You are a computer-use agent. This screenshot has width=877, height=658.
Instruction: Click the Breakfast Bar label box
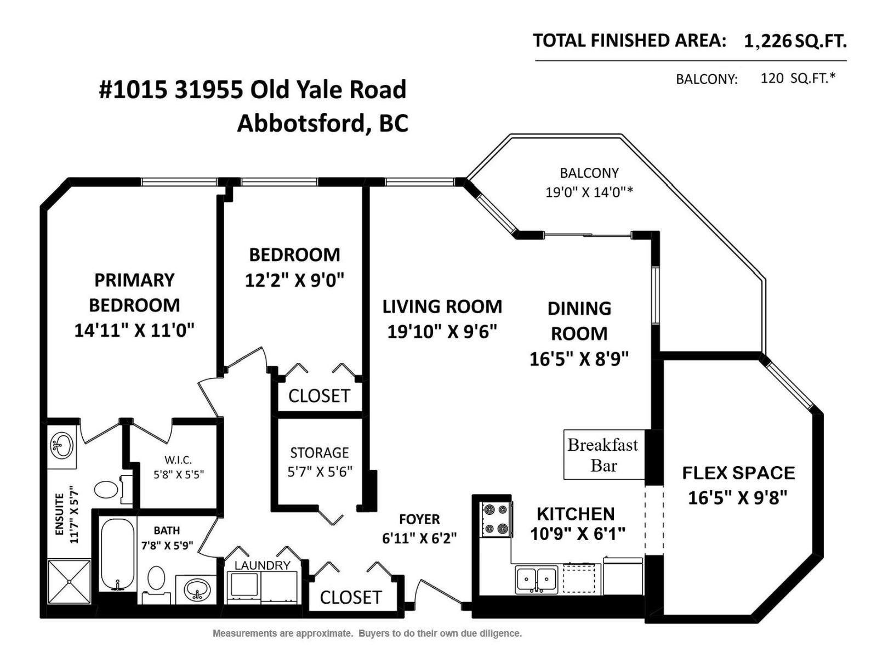pyautogui.click(x=603, y=455)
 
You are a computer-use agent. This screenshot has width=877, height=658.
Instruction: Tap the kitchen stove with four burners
pyautogui.click(x=496, y=519)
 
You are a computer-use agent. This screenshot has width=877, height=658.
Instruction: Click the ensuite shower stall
pyautogui.click(x=69, y=581)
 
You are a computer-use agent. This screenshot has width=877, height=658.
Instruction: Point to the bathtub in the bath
pyautogui.click(x=117, y=554)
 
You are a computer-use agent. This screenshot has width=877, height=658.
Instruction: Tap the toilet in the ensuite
pyautogui.click(x=106, y=489)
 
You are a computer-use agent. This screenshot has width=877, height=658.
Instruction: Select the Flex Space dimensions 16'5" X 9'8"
pyautogui.click(x=737, y=498)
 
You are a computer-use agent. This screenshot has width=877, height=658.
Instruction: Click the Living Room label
pyautogui.click(x=442, y=307)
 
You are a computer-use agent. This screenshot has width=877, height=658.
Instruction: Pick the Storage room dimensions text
pyautogui.click(x=320, y=472)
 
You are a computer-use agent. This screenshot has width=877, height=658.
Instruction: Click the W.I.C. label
pyautogui.click(x=178, y=460)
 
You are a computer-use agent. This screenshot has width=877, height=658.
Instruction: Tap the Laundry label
pyautogui.click(x=262, y=565)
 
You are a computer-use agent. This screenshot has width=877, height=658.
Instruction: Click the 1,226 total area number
pyautogui.click(x=767, y=41)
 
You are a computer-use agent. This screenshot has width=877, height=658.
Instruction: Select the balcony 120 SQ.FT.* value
pyautogui.click(x=798, y=78)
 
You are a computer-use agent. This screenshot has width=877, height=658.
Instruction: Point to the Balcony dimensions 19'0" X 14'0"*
pyautogui.click(x=589, y=192)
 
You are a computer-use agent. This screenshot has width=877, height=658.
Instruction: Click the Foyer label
pyautogui.click(x=419, y=519)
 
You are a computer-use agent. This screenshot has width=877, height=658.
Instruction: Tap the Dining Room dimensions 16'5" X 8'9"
pyautogui.click(x=579, y=359)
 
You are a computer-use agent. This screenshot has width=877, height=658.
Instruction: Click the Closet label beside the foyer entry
pyautogui.click(x=350, y=597)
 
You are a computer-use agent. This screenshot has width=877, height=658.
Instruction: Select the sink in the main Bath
pyautogui.click(x=197, y=590)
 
